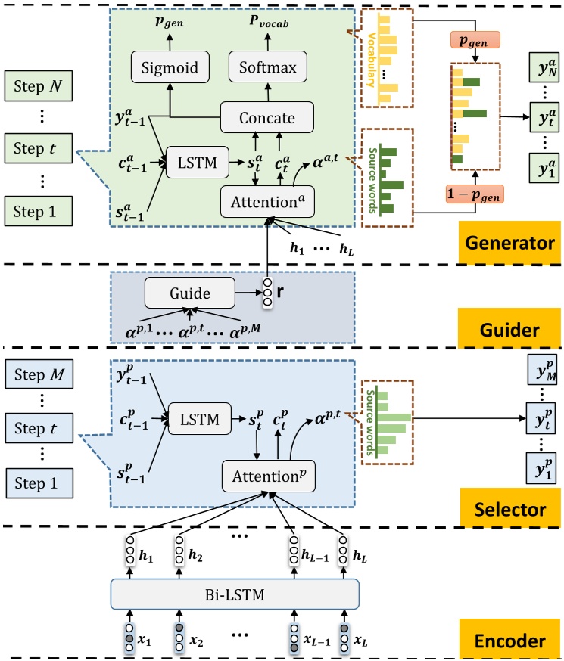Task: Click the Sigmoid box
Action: (x=170, y=69)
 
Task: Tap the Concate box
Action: (x=267, y=119)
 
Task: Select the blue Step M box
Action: (x=40, y=375)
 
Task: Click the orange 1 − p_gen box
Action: (x=473, y=196)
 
